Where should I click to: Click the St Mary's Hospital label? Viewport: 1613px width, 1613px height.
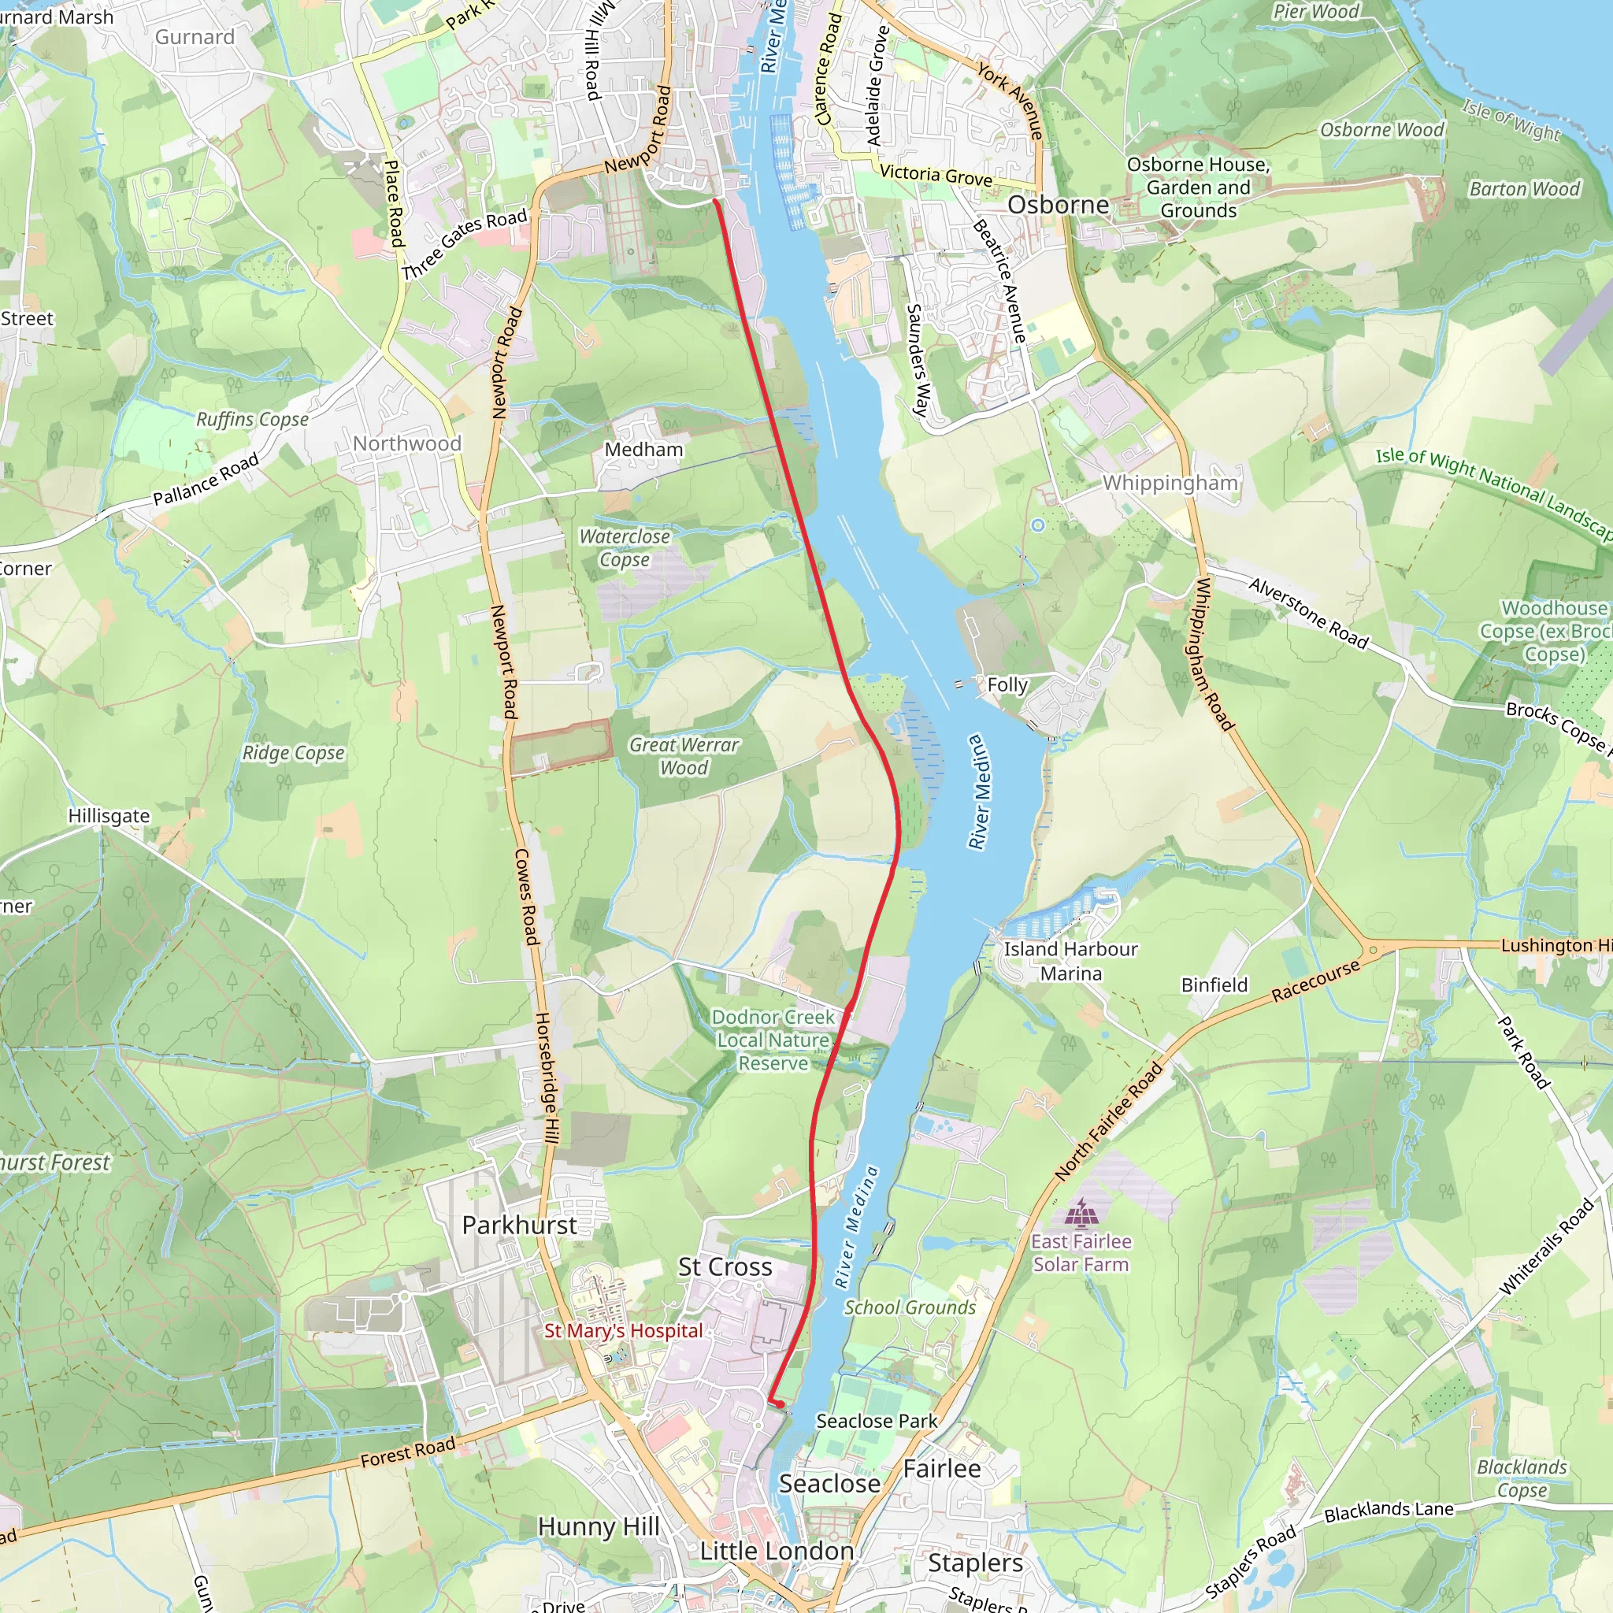pyautogui.click(x=623, y=1331)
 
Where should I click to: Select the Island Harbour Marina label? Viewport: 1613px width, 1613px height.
pyautogui.click(x=1070, y=961)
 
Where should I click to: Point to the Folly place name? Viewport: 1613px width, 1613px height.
pyautogui.click(x=1007, y=684)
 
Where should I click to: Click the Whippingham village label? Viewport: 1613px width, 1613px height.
pyautogui.click(x=1170, y=483)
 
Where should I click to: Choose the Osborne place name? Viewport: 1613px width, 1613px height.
pyautogui.click(x=1058, y=205)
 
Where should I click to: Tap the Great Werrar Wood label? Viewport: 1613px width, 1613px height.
pyautogui.click(x=684, y=755)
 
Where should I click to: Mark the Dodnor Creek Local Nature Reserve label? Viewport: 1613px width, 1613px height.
pyautogui.click(x=773, y=1040)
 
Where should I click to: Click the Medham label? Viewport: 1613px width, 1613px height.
pyautogui.click(x=643, y=449)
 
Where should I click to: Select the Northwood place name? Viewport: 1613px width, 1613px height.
pyautogui.click(x=406, y=443)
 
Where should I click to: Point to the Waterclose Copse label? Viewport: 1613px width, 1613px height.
pyautogui.click(x=625, y=547)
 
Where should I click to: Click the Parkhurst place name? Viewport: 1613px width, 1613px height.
pyautogui.click(x=519, y=1225)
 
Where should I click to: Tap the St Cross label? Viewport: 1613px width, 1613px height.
pyautogui.click(x=725, y=1266)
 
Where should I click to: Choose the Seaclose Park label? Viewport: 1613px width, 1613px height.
pyautogui.click(x=876, y=1421)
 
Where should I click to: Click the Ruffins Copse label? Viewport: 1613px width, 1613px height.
pyautogui.click(x=252, y=419)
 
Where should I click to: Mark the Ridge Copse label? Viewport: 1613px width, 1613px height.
pyautogui.click(x=293, y=753)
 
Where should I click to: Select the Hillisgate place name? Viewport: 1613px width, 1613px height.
pyautogui.click(x=109, y=816)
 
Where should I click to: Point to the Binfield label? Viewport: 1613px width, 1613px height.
pyautogui.click(x=1214, y=985)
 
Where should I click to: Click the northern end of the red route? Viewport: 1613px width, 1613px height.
pyautogui.click(x=715, y=200)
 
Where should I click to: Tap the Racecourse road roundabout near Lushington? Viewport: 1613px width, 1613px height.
pyautogui.click(x=1373, y=950)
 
